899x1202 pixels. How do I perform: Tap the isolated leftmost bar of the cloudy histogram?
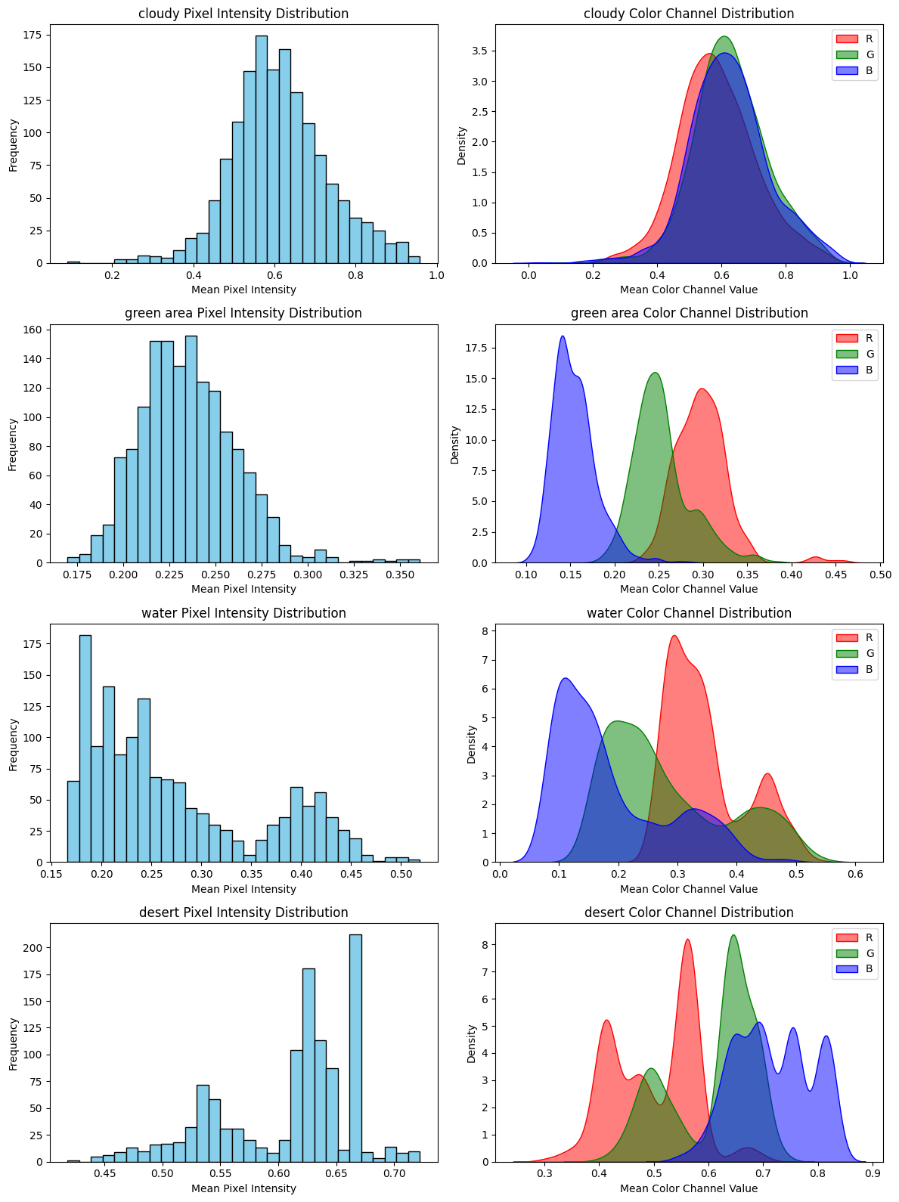tap(73, 262)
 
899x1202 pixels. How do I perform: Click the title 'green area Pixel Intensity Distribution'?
tap(243, 313)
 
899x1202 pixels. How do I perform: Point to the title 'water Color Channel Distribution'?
tap(689, 613)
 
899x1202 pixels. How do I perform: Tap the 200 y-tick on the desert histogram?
tap(35, 948)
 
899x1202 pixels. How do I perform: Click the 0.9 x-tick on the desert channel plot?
tap(873, 1176)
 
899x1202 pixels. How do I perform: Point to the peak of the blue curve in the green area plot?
tap(563, 337)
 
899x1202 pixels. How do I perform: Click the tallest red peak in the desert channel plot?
tap(687, 940)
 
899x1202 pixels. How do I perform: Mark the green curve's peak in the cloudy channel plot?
tap(724, 37)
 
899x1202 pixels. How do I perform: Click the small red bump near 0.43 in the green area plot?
tap(815, 558)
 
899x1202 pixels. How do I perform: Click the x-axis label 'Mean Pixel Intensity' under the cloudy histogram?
tap(243, 290)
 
